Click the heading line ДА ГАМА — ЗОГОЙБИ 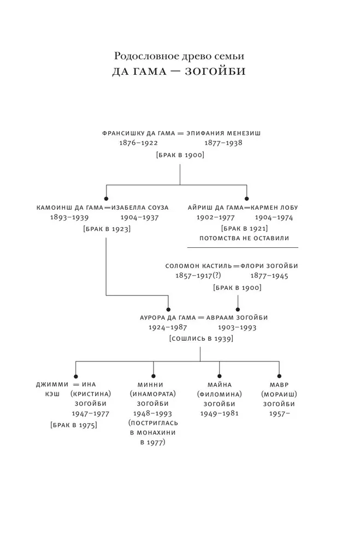(180, 73)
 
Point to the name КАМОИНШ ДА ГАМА (69, 207)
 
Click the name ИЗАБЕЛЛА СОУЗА (138, 207)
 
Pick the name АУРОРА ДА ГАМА (167, 317)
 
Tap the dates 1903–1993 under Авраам (238, 328)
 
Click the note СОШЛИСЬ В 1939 (201, 339)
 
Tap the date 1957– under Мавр (279, 414)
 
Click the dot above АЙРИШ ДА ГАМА (246, 198)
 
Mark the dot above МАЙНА (219, 375)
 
